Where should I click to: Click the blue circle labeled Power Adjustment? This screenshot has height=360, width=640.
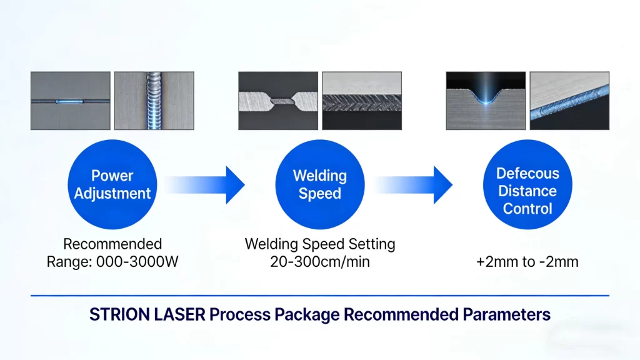point(112,185)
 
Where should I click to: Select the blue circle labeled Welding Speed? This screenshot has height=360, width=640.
point(319,185)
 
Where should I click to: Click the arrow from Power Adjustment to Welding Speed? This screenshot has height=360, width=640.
point(206,185)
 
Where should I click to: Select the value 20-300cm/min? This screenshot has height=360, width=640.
point(319,262)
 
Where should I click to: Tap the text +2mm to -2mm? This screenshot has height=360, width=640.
point(527,262)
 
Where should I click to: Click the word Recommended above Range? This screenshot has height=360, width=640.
point(112,244)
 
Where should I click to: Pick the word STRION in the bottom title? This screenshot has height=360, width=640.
point(119,314)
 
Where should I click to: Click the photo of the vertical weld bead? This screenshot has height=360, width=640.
point(154,101)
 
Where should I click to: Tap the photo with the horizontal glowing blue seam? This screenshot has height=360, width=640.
point(70,101)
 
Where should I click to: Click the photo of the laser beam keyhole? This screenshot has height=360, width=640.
point(486,101)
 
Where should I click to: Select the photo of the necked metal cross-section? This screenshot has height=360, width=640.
point(278,101)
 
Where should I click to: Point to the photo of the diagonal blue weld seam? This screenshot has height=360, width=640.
point(569,101)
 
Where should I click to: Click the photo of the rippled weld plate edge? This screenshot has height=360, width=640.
point(361,101)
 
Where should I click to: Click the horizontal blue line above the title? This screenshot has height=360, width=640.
point(319,296)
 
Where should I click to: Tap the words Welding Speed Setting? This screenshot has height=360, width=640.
point(319,244)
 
